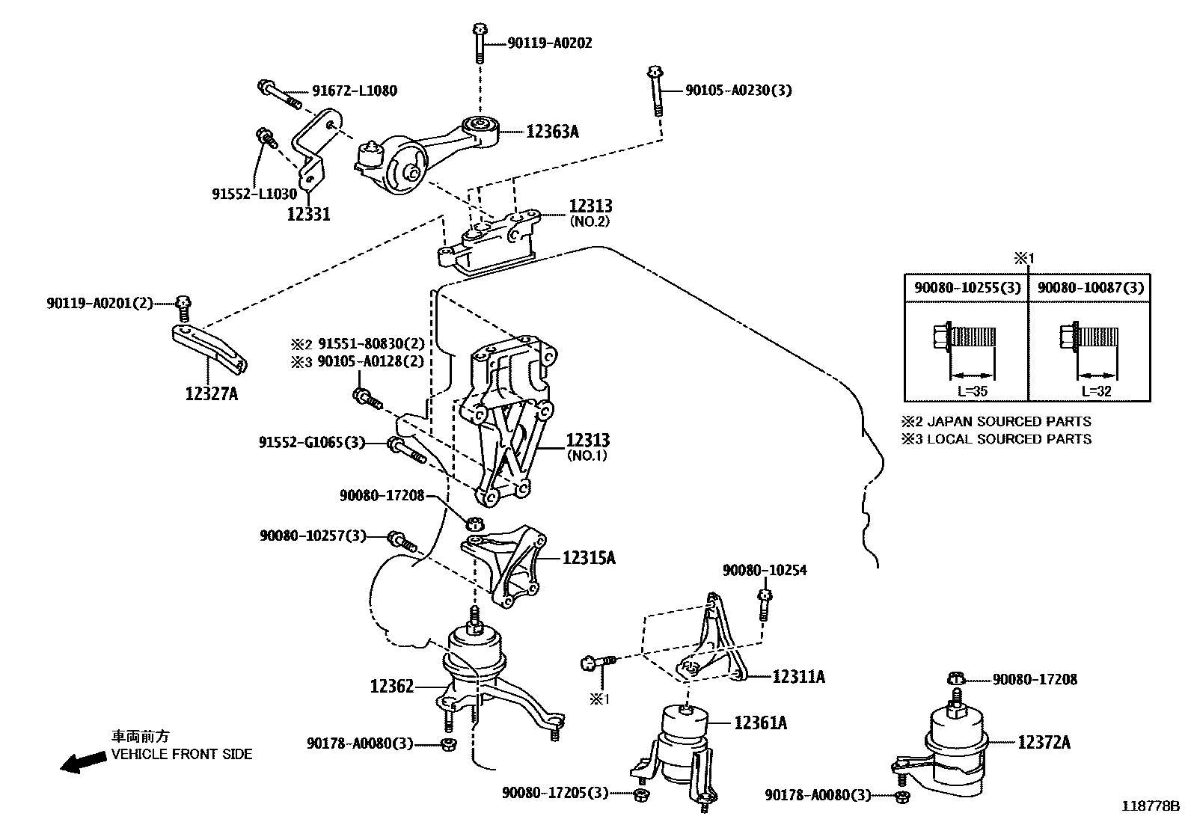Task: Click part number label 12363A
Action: point(552,132)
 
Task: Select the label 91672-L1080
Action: point(355,91)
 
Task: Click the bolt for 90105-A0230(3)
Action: point(655,90)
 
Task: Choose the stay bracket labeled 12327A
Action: point(209,349)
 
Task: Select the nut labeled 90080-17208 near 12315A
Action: point(472,523)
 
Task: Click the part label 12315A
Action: point(589,557)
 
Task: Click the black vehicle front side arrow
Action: point(82,762)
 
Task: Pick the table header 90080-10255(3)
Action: point(966,288)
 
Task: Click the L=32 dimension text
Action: point(1096,391)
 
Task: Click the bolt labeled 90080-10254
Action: point(764,604)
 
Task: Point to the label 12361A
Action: point(760,723)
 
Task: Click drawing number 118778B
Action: point(1148,806)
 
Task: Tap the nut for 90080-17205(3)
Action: point(640,794)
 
